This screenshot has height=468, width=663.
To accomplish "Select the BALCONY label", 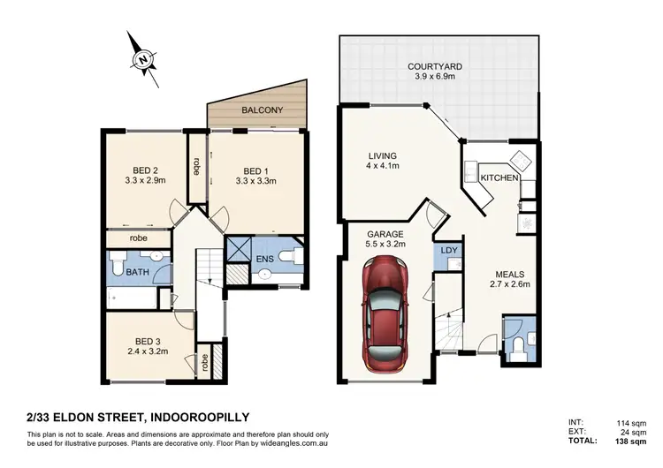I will (x=263, y=110).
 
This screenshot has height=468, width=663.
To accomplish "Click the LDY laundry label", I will (x=448, y=251).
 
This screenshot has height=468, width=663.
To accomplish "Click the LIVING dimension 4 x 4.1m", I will (x=385, y=165).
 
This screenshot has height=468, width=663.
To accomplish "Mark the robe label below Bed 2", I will (x=139, y=238).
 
